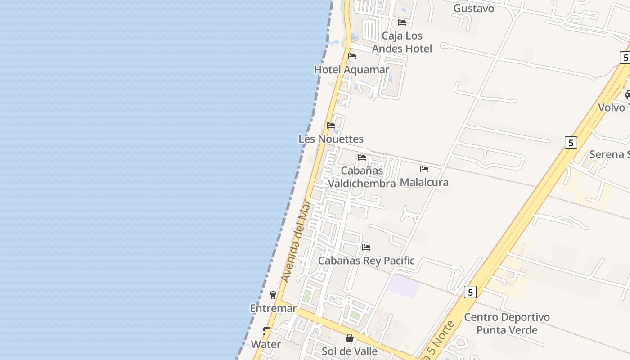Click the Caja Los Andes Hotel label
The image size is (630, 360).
[402, 42]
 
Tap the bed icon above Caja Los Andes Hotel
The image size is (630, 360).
[402, 22]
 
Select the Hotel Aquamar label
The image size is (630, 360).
[351, 70]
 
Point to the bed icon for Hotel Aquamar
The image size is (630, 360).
[352, 56]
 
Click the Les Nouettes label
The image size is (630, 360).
[331, 139]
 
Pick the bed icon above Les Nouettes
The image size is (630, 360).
[331, 126]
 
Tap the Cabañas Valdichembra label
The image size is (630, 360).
[362, 177]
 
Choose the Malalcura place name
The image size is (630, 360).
[424, 182]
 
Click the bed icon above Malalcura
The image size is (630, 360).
[424, 169]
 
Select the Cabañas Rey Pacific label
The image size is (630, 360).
[366, 261]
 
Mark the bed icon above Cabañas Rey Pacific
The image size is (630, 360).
[366, 247]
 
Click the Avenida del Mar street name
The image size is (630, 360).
[296, 242]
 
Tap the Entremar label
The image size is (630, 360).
[273, 309]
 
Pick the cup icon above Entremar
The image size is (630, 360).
[273, 295]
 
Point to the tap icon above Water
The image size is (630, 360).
[266, 331]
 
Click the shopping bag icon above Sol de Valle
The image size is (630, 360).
[350, 337]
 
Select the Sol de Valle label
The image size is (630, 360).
[350, 351]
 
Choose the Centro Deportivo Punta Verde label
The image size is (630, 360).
[507, 324]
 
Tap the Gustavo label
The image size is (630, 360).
[473, 9]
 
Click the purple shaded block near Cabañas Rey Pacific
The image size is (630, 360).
[404, 287]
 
